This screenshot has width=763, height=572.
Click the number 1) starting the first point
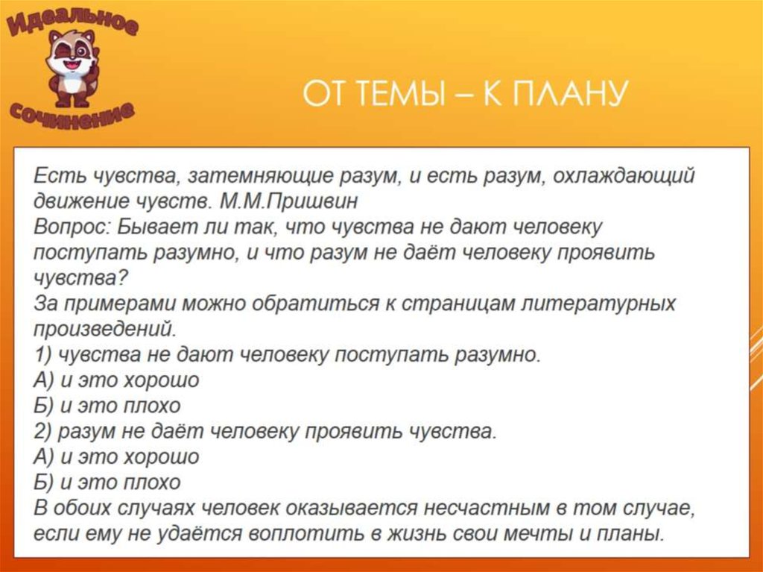click(42, 355)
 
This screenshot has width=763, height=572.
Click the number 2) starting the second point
click(42, 432)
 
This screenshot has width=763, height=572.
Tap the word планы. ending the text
click(635, 534)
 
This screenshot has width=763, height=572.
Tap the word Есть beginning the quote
click(59, 176)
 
